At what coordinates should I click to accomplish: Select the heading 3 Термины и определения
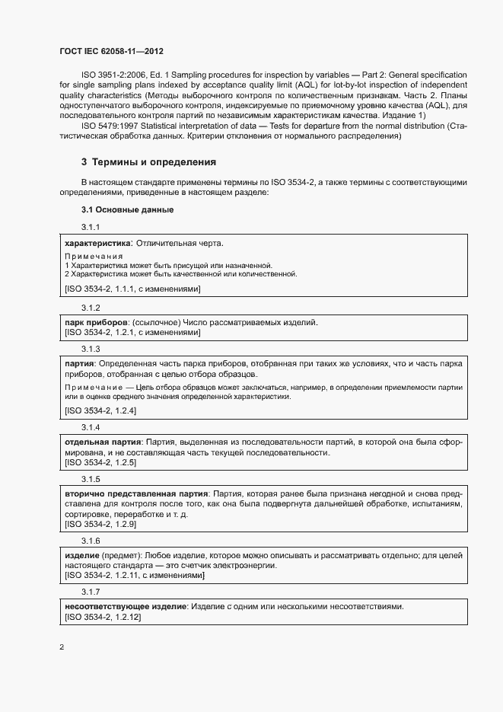tap(149, 162)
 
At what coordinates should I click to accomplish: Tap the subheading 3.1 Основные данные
tap(128, 209)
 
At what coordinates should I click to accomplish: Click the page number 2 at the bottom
tap(62, 647)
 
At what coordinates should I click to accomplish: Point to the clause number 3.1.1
tap(91, 227)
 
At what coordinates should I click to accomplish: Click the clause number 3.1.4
tap(91, 427)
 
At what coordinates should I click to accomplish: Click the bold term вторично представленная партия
tap(134, 494)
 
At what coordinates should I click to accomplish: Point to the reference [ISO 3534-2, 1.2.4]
tap(100, 410)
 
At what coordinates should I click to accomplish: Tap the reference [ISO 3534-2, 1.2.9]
tap(100, 525)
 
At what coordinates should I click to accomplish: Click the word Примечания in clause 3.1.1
tap(94, 256)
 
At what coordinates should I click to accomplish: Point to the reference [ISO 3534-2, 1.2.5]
tap(100, 462)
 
